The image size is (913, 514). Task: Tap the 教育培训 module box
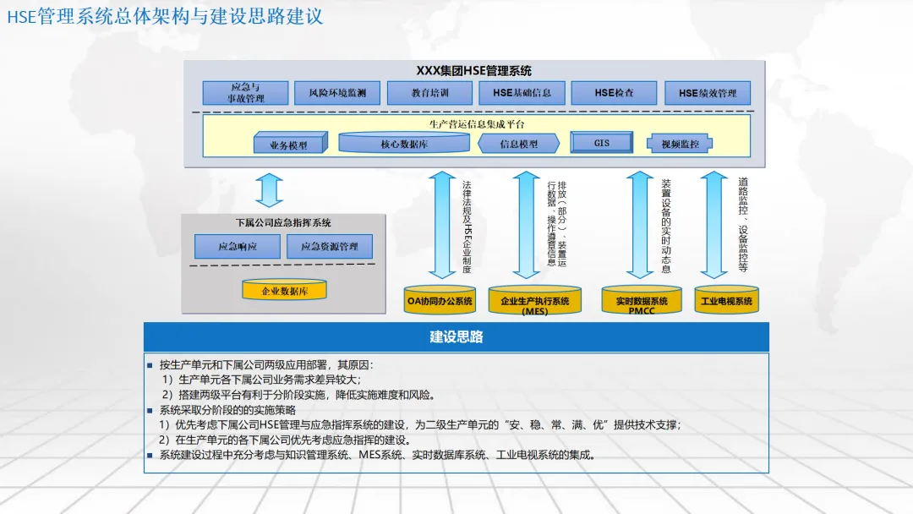pyautogui.click(x=429, y=93)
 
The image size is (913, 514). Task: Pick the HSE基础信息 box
pyautogui.click(x=522, y=93)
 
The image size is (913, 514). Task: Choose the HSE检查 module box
pyautogui.click(x=614, y=93)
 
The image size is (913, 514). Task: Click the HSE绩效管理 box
pyautogui.click(x=708, y=93)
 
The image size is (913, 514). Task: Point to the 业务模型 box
pyautogui.click(x=289, y=145)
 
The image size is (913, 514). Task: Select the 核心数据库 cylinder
pyautogui.click(x=404, y=144)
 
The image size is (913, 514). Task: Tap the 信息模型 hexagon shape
pyautogui.click(x=518, y=144)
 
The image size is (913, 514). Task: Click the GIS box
pyautogui.click(x=601, y=143)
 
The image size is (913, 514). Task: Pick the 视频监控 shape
pyautogui.click(x=680, y=144)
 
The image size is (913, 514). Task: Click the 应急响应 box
pyautogui.click(x=237, y=247)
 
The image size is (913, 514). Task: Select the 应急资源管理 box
pyautogui.click(x=329, y=247)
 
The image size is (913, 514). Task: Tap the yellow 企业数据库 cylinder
pyautogui.click(x=284, y=291)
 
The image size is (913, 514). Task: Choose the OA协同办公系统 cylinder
pyautogui.click(x=441, y=300)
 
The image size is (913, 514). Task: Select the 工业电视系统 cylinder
pyautogui.click(x=726, y=300)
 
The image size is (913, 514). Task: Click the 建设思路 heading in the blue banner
pyautogui.click(x=456, y=336)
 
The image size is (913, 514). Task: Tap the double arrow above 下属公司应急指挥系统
pyautogui.click(x=270, y=190)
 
